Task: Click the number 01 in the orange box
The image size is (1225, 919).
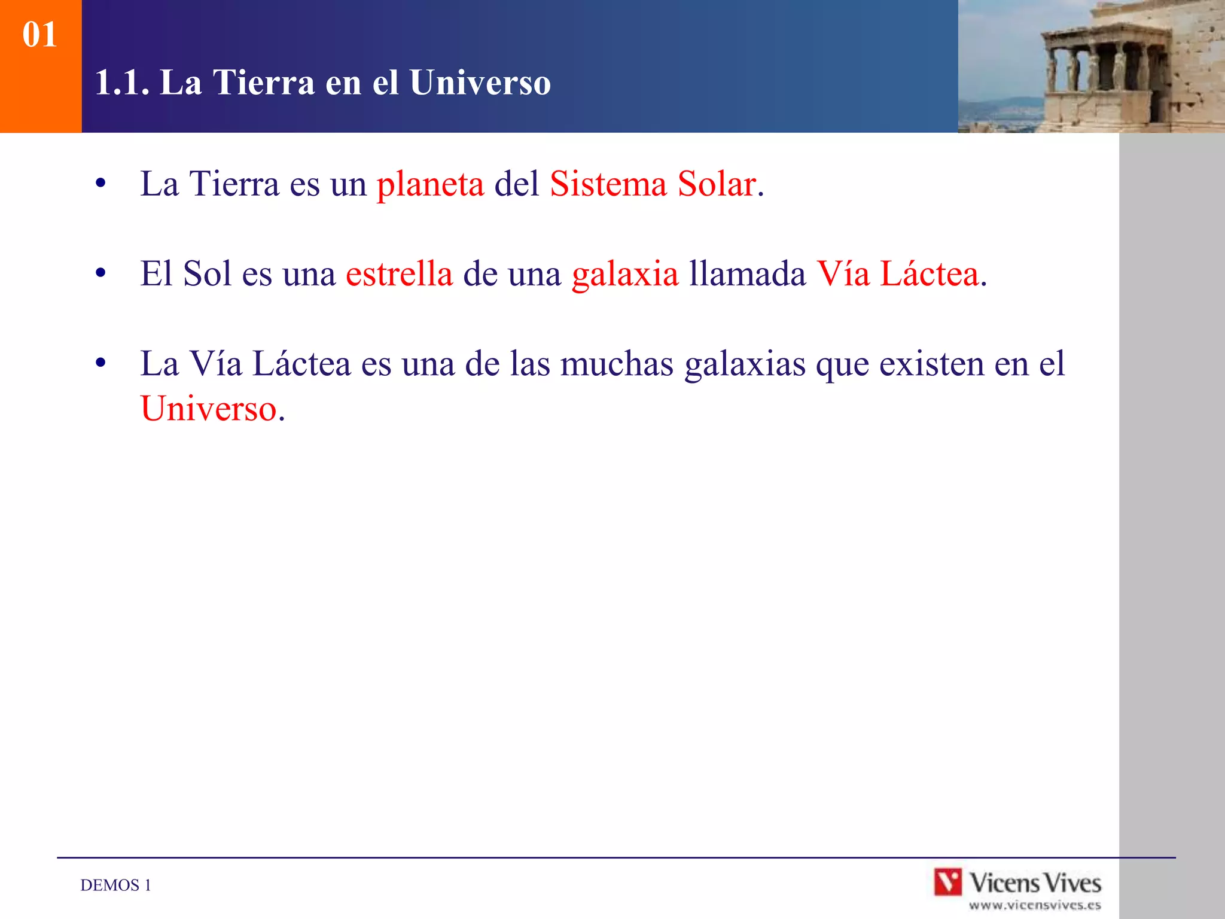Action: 39,35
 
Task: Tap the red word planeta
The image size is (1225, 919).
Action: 430,184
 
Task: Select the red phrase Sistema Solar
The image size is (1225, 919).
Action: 653,184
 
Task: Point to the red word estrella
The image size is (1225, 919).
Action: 399,274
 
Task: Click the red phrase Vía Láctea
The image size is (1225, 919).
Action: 898,274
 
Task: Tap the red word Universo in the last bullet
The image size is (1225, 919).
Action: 209,409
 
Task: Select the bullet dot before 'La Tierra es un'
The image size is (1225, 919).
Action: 100,184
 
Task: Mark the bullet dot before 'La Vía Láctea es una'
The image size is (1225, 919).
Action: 100,363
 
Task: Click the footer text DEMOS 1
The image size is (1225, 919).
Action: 115,885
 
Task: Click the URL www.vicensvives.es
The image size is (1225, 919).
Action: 1035,905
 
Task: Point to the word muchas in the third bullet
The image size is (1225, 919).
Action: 617,364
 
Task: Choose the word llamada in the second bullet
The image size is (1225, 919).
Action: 748,274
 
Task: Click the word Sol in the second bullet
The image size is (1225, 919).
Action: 207,274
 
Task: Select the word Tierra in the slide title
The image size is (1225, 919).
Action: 263,83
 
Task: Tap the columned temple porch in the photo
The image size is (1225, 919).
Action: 1107,66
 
